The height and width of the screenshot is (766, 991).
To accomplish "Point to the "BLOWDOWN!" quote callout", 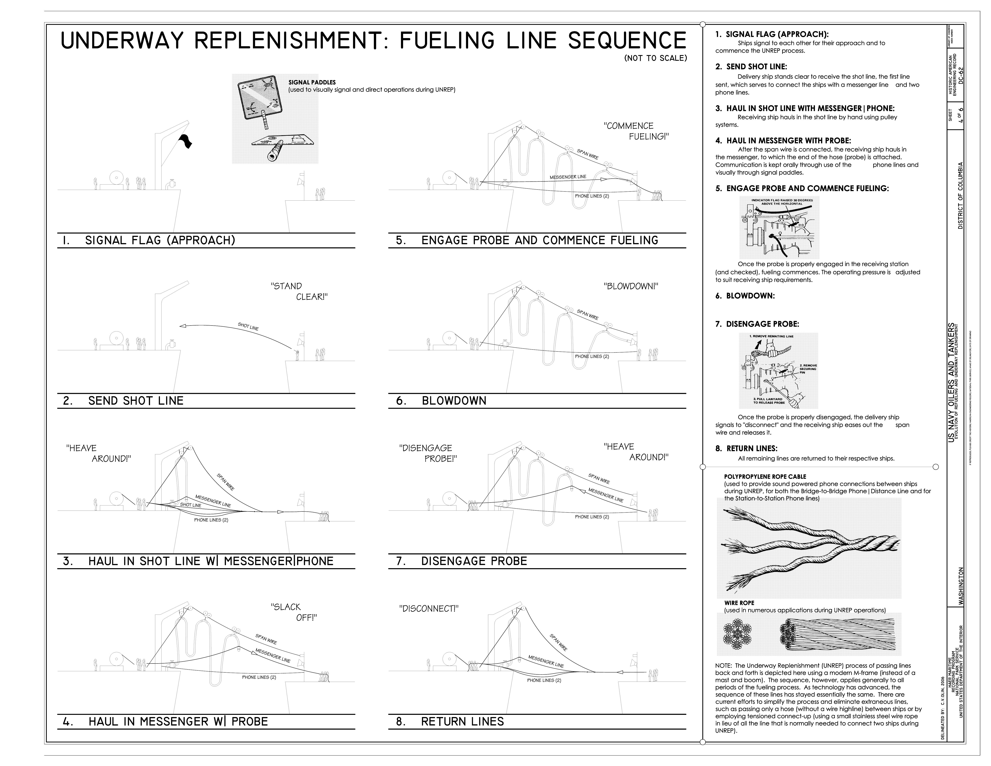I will pos(631,286).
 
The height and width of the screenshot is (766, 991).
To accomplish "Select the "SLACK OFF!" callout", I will pos(294,612).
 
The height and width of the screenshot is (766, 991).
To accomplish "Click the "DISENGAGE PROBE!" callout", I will pos(428,453).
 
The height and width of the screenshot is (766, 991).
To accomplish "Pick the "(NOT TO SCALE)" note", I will pos(655,58).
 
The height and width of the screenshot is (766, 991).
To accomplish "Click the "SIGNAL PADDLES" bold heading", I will pos(312,82).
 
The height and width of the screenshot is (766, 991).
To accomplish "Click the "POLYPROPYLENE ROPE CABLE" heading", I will pos(765,477).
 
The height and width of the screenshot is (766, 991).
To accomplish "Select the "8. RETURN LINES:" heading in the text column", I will pos(746,448).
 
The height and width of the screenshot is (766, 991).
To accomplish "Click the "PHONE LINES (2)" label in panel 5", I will pos(592,196).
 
